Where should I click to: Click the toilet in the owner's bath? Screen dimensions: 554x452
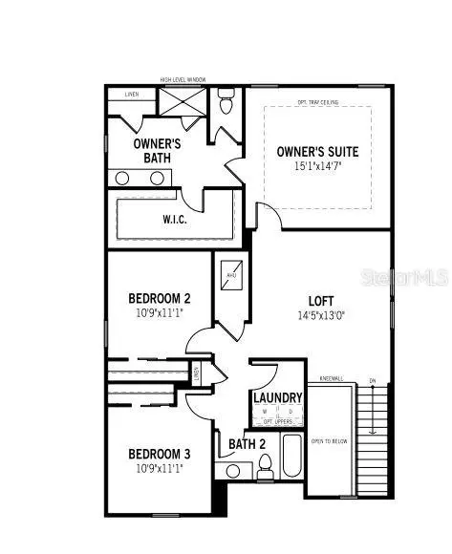[x=226, y=98]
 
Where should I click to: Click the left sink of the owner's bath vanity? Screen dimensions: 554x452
[x=124, y=178]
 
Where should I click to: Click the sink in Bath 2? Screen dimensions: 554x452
[x=232, y=470]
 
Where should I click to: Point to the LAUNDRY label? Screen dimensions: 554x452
[x=278, y=397]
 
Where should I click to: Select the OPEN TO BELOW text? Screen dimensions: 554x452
[x=330, y=439]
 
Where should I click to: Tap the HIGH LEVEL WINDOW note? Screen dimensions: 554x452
[x=183, y=80]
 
